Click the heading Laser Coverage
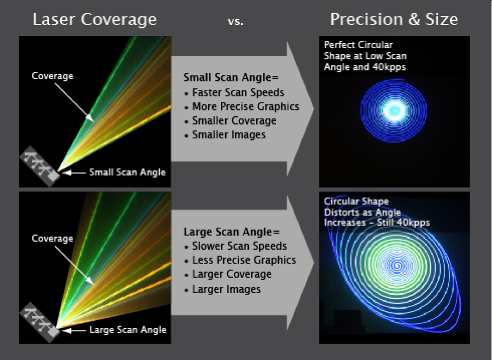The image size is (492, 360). [x=95, y=20]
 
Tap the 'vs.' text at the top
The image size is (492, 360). [x=236, y=22]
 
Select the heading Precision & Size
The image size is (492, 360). [x=394, y=20]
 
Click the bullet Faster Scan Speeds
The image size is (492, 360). [x=238, y=92]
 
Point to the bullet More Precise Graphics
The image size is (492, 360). [x=245, y=107]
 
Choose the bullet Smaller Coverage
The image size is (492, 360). [x=234, y=121]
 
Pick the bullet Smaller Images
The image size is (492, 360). [x=229, y=134]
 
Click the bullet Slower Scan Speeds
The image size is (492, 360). [x=239, y=246]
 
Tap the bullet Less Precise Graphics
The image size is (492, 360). [x=244, y=261]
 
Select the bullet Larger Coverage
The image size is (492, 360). [x=232, y=274]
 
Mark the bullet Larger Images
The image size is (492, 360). [x=226, y=289]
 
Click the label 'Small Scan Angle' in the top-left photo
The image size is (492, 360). [x=127, y=173]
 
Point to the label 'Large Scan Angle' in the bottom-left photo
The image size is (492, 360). [x=128, y=329]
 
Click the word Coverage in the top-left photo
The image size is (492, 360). [x=52, y=76]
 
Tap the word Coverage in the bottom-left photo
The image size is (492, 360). [x=52, y=239]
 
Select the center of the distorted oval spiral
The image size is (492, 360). [x=395, y=266]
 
